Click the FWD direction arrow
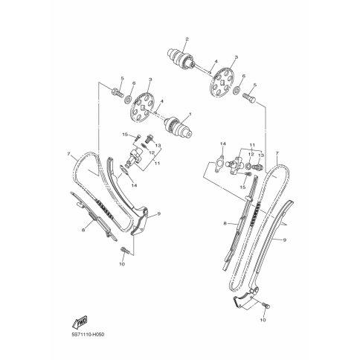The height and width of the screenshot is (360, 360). point(80,321)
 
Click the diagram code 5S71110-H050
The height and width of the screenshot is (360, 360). point(87,335)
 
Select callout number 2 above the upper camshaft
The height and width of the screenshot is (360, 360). point(187,39)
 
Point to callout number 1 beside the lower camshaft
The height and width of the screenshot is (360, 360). point(190,114)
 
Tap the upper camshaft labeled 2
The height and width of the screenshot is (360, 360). point(181,58)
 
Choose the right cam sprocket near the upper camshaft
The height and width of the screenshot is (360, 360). point(222,83)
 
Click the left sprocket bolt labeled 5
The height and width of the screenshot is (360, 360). point(118,93)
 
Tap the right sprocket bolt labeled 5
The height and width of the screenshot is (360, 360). point(250,97)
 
